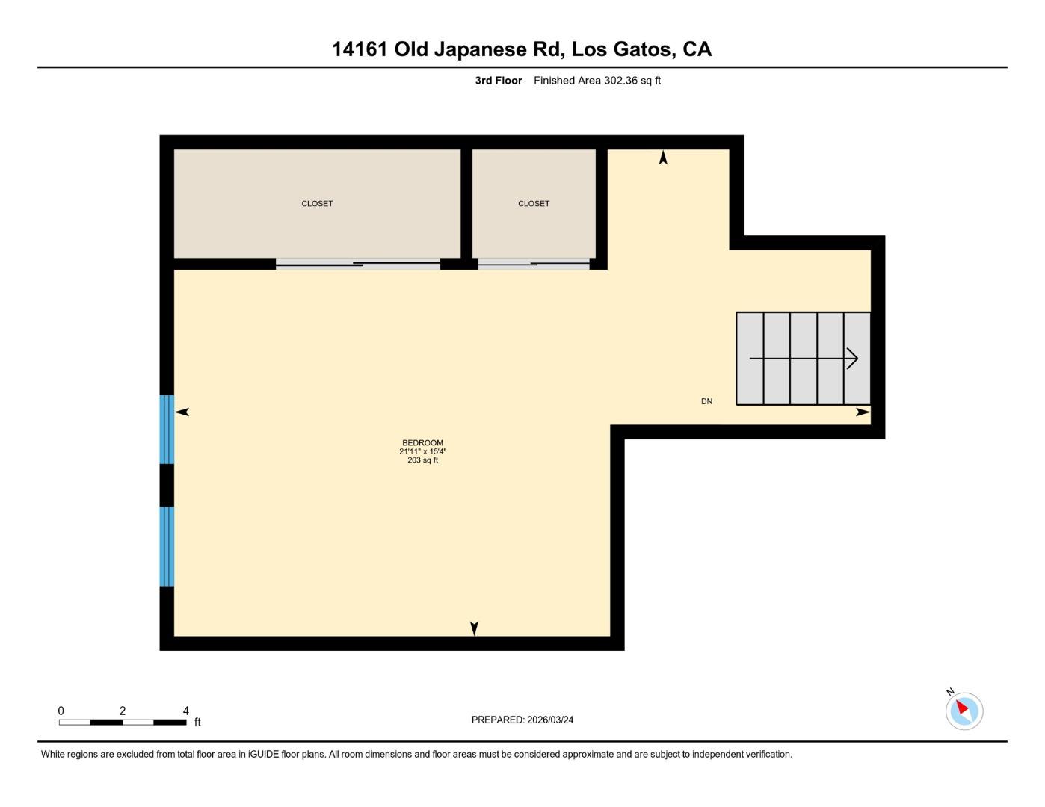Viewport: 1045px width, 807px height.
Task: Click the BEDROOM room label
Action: [422, 443]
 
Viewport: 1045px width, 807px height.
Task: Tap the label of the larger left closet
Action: [317, 204]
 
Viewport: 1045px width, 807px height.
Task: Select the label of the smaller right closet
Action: [534, 204]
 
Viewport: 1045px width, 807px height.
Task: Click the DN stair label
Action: [706, 402]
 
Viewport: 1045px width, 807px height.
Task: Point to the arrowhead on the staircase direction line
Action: [853, 359]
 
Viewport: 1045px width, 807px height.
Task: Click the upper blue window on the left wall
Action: [167, 430]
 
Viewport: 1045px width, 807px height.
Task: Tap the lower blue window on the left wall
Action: [167, 546]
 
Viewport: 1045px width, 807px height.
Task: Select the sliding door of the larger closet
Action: [358, 264]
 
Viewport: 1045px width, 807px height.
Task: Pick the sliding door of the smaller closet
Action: [534, 264]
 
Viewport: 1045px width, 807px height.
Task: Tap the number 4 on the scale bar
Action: [185, 711]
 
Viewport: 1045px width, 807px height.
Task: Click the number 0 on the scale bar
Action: [61, 711]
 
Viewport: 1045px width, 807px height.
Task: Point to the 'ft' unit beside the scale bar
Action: [197, 723]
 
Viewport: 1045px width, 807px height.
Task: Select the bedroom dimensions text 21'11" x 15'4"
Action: [422, 452]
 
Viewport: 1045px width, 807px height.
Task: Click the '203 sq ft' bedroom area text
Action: [422, 461]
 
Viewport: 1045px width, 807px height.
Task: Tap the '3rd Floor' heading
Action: [499, 81]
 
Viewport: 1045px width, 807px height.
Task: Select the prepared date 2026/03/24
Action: [550, 720]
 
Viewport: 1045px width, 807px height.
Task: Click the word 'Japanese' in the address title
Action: [479, 49]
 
